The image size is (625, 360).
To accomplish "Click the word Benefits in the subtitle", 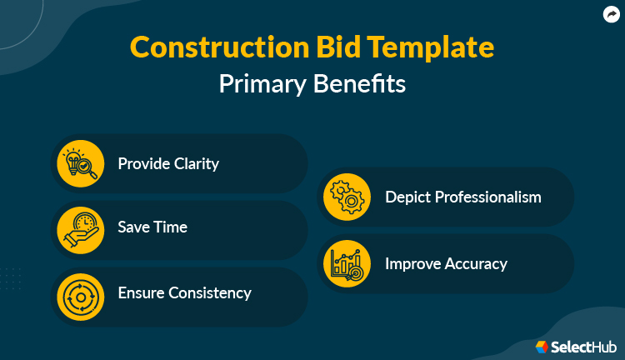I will tap(362, 84).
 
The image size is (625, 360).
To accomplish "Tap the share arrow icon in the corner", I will tap(611, 13).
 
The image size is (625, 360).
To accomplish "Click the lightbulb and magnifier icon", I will tap(81, 163).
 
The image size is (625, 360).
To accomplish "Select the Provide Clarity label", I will tap(168, 163).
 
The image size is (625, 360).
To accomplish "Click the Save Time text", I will tap(152, 227).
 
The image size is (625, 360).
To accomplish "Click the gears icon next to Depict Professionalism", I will tap(347, 197).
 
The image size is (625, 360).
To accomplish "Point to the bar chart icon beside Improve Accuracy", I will tap(347, 263).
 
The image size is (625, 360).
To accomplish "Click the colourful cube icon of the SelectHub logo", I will tap(542, 346).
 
